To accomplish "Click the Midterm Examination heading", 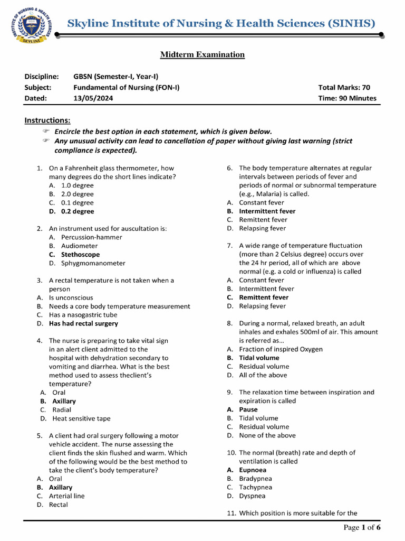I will (202, 54).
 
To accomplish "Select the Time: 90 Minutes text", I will (347, 98).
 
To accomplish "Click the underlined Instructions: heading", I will (47, 120).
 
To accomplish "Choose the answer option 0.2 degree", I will (78, 211).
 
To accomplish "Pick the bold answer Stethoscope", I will (80, 255).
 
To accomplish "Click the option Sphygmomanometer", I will (93, 263).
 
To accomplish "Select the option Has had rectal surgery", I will (83, 323).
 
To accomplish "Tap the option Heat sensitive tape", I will (81, 418).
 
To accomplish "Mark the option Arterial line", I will (66, 496).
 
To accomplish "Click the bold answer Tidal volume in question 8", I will (259, 358).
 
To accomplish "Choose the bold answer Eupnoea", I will (253, 470).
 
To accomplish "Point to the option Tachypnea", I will (256, 487).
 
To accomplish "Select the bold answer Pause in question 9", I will (248, 409).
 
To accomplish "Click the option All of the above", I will (263, 375).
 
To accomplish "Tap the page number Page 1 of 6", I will (362, 527).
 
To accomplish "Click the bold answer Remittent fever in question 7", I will (264, 297).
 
